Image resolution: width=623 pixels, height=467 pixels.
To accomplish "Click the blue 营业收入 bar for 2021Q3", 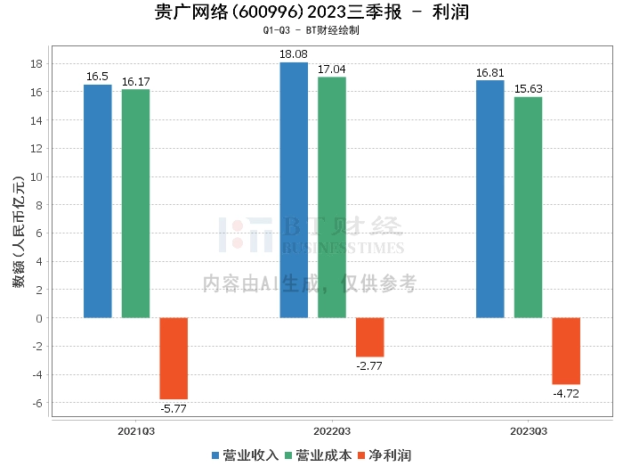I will (x=98, y=201).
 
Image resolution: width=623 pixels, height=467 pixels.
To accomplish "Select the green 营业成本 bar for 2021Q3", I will (x=135, y=203).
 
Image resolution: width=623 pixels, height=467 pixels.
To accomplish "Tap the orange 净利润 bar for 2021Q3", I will (x=174, y=358).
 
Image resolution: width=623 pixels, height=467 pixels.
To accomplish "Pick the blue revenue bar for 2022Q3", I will (x=294, y=190).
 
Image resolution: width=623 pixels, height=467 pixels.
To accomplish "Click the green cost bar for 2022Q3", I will (x=332, y=197).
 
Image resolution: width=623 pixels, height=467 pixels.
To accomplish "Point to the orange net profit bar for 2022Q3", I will (x=369, y=337).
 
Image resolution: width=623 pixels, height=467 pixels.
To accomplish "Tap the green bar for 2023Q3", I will (x=528, y=207).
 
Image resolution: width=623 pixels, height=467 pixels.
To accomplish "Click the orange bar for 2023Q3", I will (x=566, y=351).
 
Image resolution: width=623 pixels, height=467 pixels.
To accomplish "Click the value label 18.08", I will (x=294, y=54).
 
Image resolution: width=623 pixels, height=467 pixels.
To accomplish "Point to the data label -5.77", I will (x=174, y=409).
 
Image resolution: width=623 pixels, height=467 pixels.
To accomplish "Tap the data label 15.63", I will (x=528, y=89).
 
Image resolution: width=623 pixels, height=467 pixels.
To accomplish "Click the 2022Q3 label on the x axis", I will (x=331, y=431).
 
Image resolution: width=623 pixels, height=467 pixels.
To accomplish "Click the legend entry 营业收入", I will (x=246, y=455).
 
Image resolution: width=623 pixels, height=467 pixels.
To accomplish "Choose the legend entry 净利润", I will (x=384, y=455).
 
